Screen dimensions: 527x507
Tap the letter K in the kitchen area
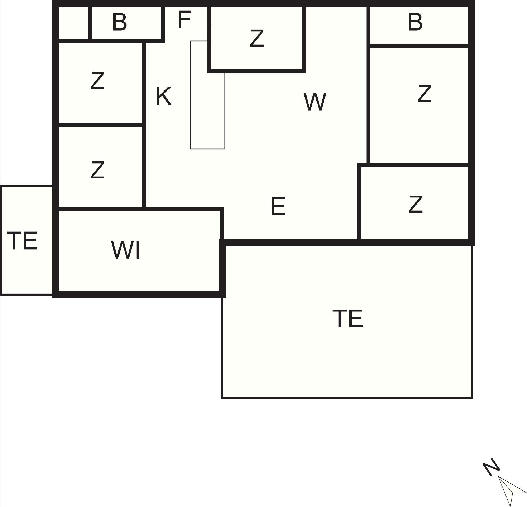click(x=164, y=96)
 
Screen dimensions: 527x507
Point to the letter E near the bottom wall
click(x=278, y=206)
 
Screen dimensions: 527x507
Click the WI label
click(x=126, y=250)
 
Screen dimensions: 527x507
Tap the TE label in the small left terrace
click(x=22, y=241)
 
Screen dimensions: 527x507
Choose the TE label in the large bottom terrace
click(x=348, y=319)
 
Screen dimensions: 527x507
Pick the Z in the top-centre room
click(x=257, y=38)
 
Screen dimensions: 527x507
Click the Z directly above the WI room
click(x=97, y=170)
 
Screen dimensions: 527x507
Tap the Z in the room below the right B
click(x=424, y=94)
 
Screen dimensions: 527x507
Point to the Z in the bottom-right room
click(x=415, y=204)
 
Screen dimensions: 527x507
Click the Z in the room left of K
click(x=97, y=80)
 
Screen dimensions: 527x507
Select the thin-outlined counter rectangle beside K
click(x=208, y=95)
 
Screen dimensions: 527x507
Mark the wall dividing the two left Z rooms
click(x=101, y=125)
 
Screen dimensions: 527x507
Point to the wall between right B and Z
click(x=419, y=46)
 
